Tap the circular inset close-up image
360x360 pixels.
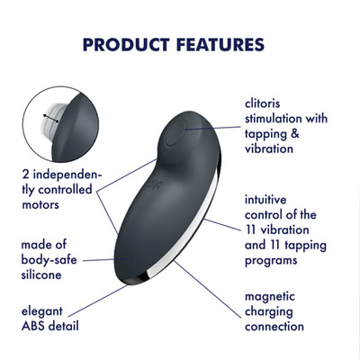click(x=54, y=124)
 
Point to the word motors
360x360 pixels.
click(x=41, y=205)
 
